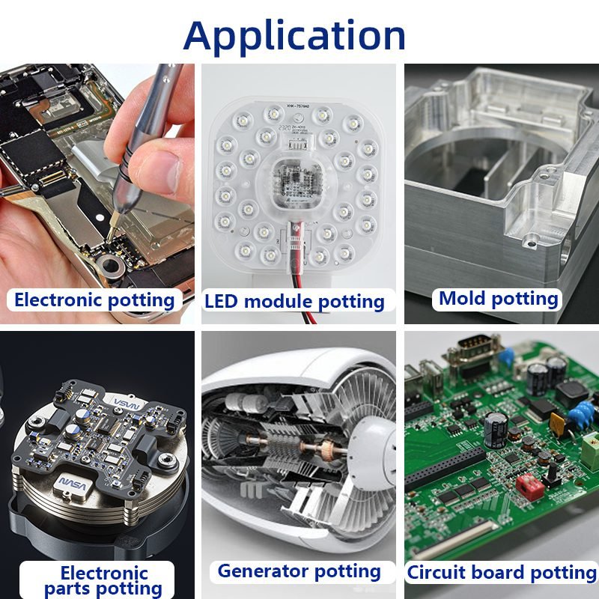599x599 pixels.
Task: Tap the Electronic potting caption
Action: (94, 300)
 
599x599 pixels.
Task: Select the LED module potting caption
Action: (294, 302)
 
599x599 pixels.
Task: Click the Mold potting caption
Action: (499, 298)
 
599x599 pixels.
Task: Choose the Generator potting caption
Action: (299, 571)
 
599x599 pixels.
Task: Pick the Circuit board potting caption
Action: (502, 573)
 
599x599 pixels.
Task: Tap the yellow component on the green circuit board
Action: (557, 423)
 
